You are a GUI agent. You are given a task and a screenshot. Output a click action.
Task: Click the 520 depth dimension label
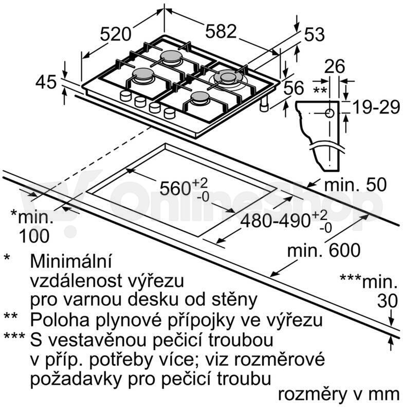(x=116, y=34)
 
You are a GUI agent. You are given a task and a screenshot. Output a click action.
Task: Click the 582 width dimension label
(x=221, y=31)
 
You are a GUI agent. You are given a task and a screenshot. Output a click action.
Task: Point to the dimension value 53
(x=314, y=34)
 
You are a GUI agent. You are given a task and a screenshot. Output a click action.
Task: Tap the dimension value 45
(x=46, y=82)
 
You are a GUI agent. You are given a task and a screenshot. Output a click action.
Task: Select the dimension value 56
(x=294, y=87)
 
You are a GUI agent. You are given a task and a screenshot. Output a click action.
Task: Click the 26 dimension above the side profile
(x=335, y=66)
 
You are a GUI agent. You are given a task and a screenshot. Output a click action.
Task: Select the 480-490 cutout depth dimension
(x=286, y=221)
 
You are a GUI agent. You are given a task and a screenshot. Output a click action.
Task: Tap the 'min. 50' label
(x=356, y=184)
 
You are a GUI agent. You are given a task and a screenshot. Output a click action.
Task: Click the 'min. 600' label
(x=324, y=250)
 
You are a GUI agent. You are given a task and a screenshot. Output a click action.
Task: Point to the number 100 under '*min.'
(x=34, y=236)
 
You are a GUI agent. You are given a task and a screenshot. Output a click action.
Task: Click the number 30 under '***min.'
(x=388, y=301)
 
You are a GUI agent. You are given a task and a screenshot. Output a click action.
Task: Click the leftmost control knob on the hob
(x=126, y=96)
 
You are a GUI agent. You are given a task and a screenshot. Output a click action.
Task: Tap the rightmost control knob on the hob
(x=170, y=113)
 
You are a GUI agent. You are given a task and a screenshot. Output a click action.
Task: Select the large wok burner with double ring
(x=228, y=78)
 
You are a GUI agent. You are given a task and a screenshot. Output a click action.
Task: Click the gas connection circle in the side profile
(x=329, y=113)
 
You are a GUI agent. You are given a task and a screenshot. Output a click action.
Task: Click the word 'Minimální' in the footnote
(x=71, y=261)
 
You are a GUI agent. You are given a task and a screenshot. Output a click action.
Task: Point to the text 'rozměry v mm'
(x=339, y=395)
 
